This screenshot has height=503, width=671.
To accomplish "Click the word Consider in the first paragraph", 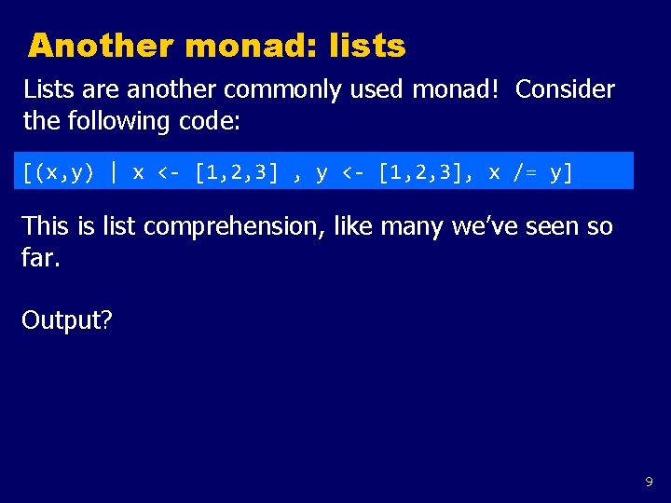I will [565, 89].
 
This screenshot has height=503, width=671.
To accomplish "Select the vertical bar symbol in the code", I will [114, 172].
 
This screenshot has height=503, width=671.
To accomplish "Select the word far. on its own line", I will [39, 257].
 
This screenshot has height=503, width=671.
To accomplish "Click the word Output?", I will [67, 320].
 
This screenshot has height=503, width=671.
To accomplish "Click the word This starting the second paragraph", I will [46, 226].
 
